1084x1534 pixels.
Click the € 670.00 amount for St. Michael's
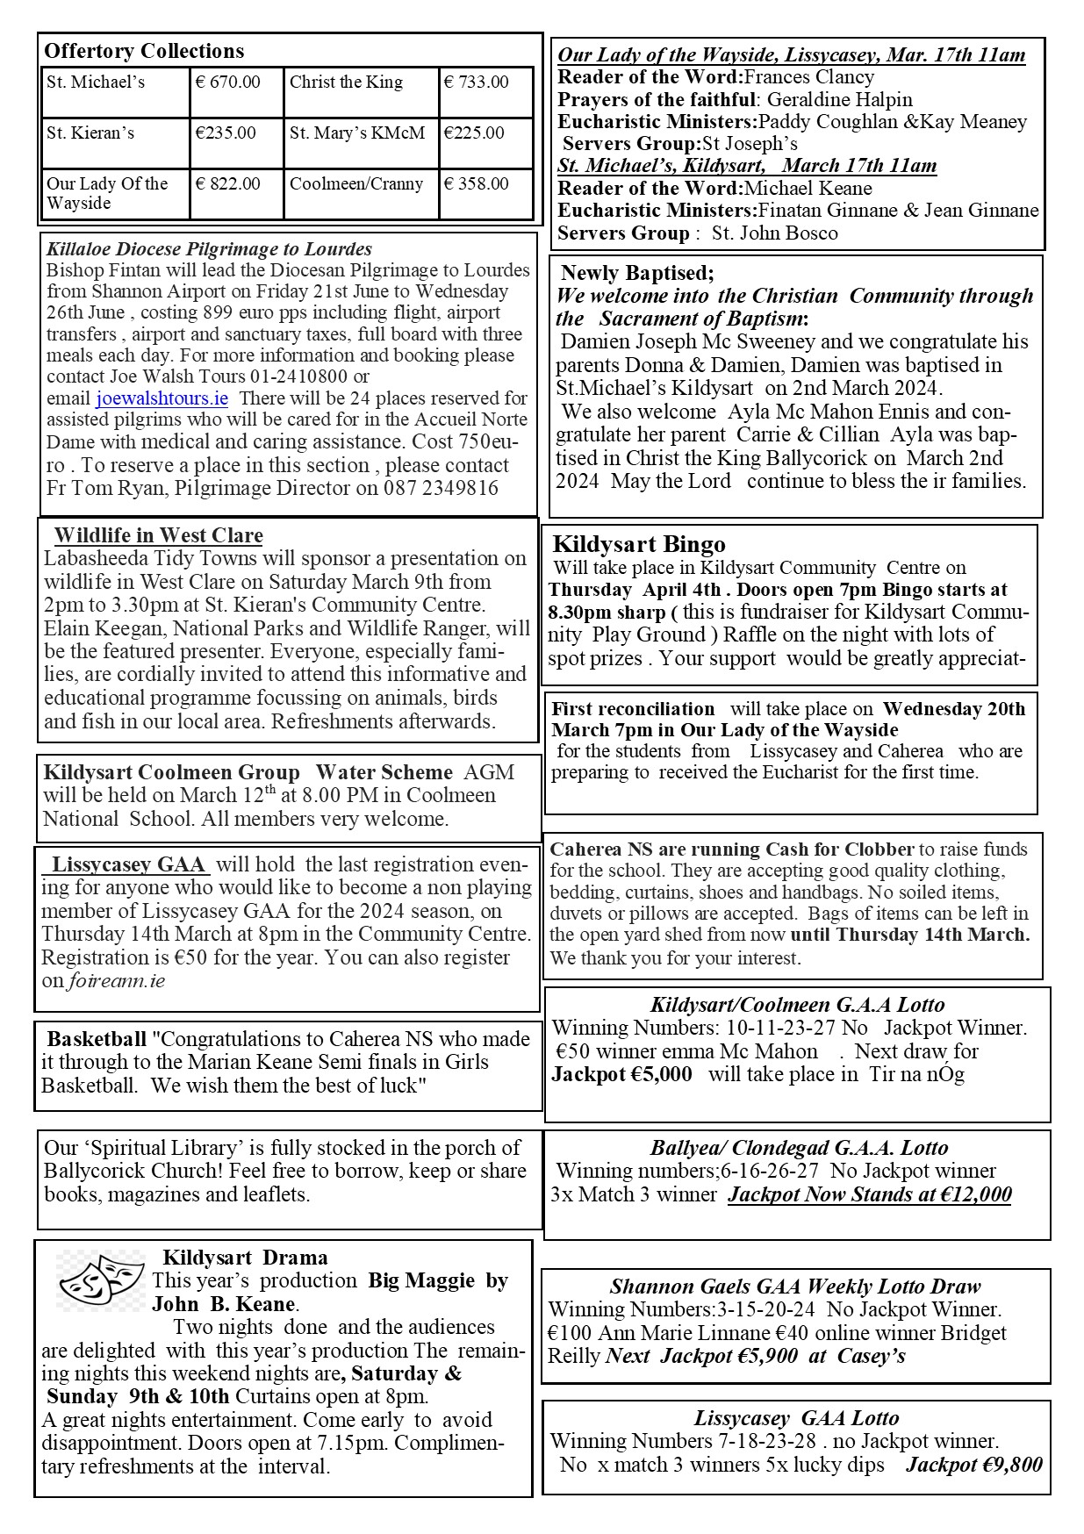pos(228,82)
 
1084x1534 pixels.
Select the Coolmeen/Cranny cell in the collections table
pos(356,184)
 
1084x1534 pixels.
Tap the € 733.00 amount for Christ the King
pos(477,82)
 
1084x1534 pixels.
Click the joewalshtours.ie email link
pos(162,398)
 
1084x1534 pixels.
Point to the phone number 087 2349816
pos(441,488)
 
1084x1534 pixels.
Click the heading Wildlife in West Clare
pos(158,535)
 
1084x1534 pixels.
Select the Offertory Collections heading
pos(144,51)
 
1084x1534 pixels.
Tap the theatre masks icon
pos(101,1281)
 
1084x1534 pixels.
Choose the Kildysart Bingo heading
pos(639,544)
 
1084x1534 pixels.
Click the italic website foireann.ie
pos(118,980)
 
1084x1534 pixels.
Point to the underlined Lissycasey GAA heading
pos(128,864)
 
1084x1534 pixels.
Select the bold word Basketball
pos(97,1039)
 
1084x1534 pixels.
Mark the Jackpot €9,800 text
pos(974,1464)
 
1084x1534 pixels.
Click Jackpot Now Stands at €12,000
pos(870,1194)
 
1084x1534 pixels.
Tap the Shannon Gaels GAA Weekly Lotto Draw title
pos(795,1287)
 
